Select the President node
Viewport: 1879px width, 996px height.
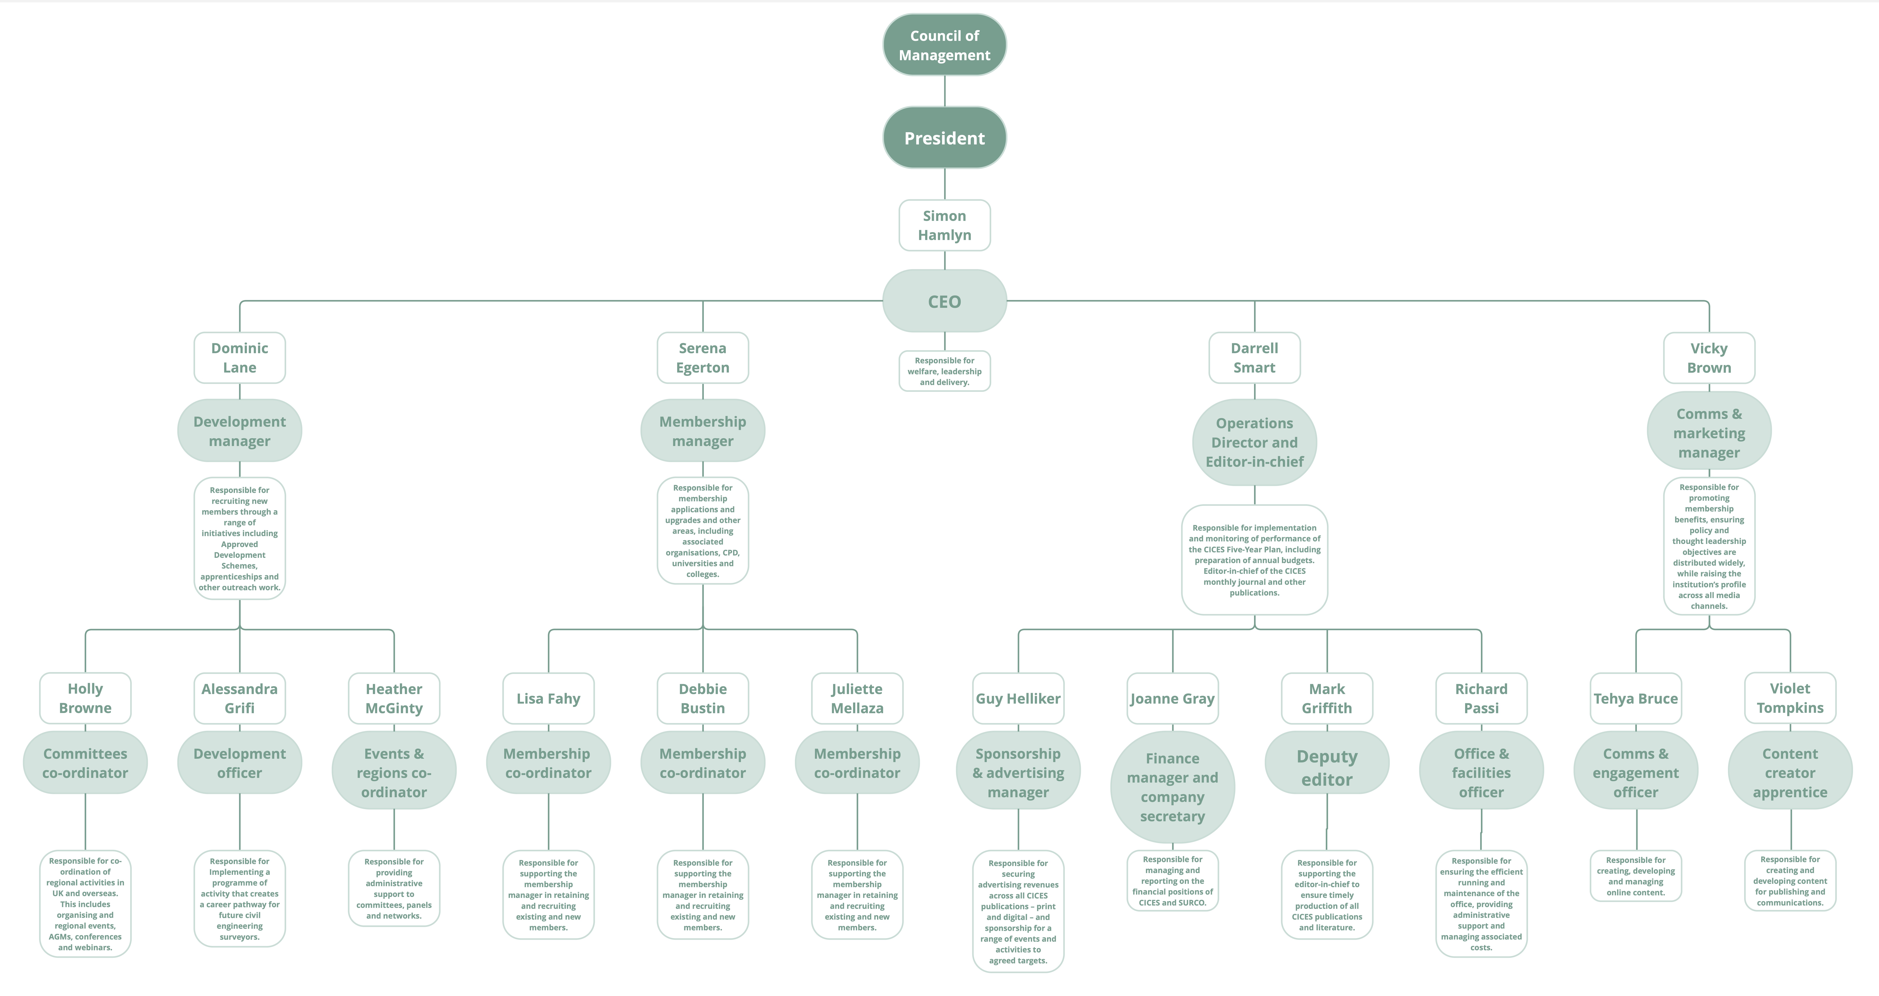(x=945, y=138)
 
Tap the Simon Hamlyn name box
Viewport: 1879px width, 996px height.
(x=945, y=226)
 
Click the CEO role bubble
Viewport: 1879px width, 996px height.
(x=945, y=301)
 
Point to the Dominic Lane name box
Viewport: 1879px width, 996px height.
(x=239, y=357)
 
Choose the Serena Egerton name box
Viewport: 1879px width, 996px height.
(x=702, y=357)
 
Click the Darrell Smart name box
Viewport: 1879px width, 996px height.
(x=1255, y=357)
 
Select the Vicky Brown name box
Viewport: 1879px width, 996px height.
(x=1709, y=357)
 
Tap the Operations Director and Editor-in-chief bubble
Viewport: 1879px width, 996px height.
(x=1255, y=442)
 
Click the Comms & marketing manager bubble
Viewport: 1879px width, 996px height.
(x=1709, y=433)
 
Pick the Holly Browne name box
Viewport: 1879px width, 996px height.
(x=85, y=698)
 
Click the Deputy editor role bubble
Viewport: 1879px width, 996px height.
(x=1327, y=768)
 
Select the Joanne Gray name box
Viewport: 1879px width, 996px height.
(x=1172, y=698)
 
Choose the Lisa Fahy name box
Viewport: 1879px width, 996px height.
(x=549, y=698)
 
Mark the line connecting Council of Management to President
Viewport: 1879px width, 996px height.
(x=945, y=91)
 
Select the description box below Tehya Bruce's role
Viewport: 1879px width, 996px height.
(x=1636, y=876)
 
